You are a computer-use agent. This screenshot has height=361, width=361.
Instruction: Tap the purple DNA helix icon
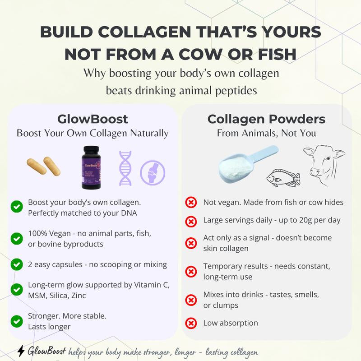tap(125, 168)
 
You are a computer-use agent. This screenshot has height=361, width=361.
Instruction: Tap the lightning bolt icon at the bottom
tap(21, 351)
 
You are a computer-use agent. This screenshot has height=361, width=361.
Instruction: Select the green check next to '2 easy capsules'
tap(17, 264)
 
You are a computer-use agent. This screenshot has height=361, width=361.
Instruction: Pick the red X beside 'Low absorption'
tap(191, 323)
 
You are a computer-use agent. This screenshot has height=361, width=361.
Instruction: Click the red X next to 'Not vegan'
tap(191, 202)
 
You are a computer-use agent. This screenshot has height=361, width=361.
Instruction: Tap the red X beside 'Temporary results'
tap(191, 272)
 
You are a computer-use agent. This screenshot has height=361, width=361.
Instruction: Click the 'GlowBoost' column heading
tap(93, 119)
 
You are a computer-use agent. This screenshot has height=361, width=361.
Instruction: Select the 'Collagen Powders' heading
tap(266, 119)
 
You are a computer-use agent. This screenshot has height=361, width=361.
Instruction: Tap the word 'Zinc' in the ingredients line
tap(76, 296)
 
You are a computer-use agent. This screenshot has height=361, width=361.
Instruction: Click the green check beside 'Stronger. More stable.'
tap(17, 321)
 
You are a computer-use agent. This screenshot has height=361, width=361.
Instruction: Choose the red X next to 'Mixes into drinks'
tap(191, 300)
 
